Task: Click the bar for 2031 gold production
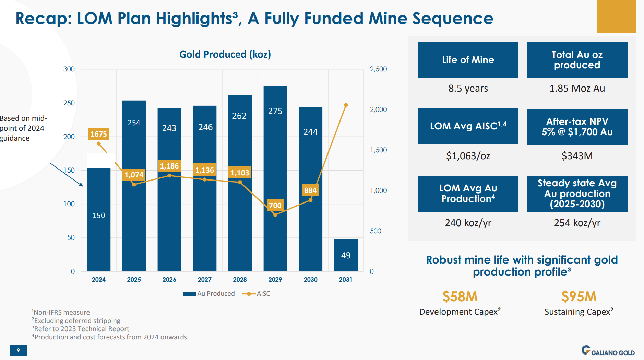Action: [x=346, y=255]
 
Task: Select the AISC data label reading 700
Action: [x=275, y=205]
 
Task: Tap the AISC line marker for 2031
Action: [x=346, y=105]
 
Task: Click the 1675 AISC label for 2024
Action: [x=99, y=134]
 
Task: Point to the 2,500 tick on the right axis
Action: [x=378, y=69]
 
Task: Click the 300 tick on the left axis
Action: [x=69, y=69]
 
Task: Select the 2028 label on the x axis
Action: [x=240, y=279]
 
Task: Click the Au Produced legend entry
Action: [x=209, y=294]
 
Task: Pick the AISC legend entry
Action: [x=257, y=294]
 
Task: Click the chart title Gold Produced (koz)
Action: [x=225, y=54]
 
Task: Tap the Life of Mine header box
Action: [x=468, y=60]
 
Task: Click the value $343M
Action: [x=577, y=156]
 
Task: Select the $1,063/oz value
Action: [x=468, y=156]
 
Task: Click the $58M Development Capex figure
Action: [x=460, y=297]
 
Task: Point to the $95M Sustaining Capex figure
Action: [x=579, y=297]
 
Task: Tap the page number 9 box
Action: [x=18, y=350]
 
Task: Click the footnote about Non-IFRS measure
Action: [x=61, y=312]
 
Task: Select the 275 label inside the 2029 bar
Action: [x=275, y=111]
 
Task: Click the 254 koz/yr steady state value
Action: [x=577, y=223]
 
